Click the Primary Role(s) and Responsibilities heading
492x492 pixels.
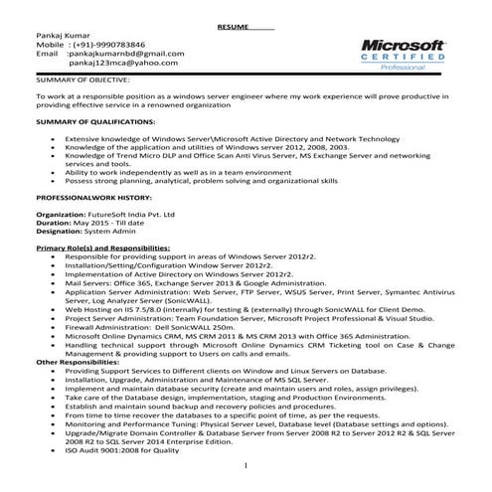pos(102,246)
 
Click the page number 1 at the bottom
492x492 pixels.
pos(246,464)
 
